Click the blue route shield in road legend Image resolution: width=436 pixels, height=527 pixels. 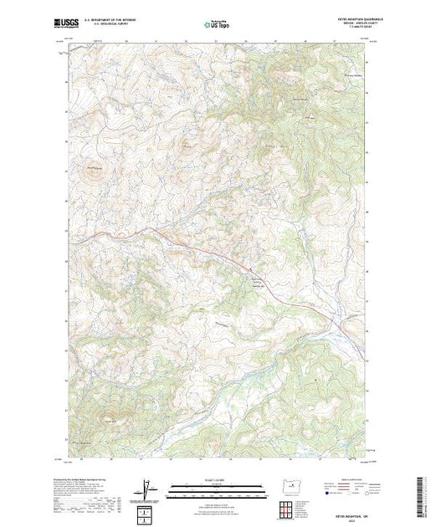[x=324, y=494]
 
